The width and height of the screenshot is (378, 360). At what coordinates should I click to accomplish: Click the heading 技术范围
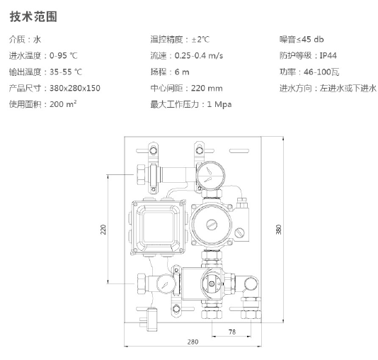[x=33, y=17]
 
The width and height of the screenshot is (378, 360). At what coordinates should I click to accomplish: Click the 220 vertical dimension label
[x=103, y=229]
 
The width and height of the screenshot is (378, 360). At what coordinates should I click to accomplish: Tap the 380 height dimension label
[x=278, y=229]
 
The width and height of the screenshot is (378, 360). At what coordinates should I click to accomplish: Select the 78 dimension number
[x=232, y=332]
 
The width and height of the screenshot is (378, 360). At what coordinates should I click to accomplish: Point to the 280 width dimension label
[x=193, y=342]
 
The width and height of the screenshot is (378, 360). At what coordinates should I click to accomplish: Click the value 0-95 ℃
[x=64, y=56]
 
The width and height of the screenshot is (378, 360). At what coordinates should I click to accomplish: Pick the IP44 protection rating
[x=328, y=56]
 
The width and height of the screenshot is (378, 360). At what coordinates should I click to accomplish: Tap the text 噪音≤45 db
[x=302, y=39]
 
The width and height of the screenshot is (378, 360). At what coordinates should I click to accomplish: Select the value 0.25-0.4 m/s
[x=199, y=56]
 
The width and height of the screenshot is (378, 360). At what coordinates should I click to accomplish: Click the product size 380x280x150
[x=75, y=88]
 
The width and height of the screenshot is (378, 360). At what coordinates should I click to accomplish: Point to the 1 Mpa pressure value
[x=219, y=104]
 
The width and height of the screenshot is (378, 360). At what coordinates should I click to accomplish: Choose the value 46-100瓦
[x=321, y=72]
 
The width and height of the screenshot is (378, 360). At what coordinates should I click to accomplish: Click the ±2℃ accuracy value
[x=200, y=39]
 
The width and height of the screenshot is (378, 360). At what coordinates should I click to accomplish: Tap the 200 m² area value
[x=63, y=104]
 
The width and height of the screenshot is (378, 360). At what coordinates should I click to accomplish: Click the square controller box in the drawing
[x=159, y=227]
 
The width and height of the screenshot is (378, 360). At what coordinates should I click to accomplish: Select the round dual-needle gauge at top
[x=210, y=176]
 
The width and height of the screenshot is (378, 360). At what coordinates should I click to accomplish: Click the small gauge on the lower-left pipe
[x=166, y=283]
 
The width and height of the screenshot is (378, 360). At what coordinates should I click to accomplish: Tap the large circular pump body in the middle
[x=211, y=225]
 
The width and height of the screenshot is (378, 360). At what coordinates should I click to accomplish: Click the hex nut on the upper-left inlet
[x=142, y=174]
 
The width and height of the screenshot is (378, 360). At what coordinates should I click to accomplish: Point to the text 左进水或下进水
[x=348, y=88]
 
